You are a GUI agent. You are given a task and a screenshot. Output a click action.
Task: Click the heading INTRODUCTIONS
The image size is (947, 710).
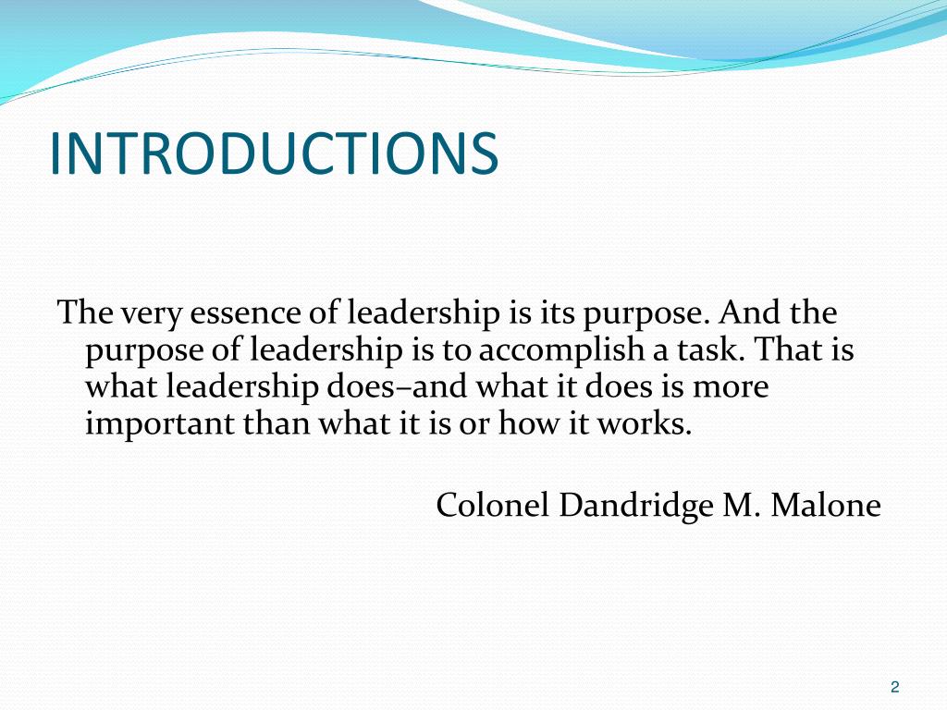274,153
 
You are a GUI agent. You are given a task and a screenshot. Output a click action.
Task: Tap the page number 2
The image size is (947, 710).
894,686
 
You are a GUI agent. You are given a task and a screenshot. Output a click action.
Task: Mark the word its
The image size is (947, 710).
551,314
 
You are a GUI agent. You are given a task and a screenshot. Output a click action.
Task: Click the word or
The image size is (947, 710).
475,424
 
